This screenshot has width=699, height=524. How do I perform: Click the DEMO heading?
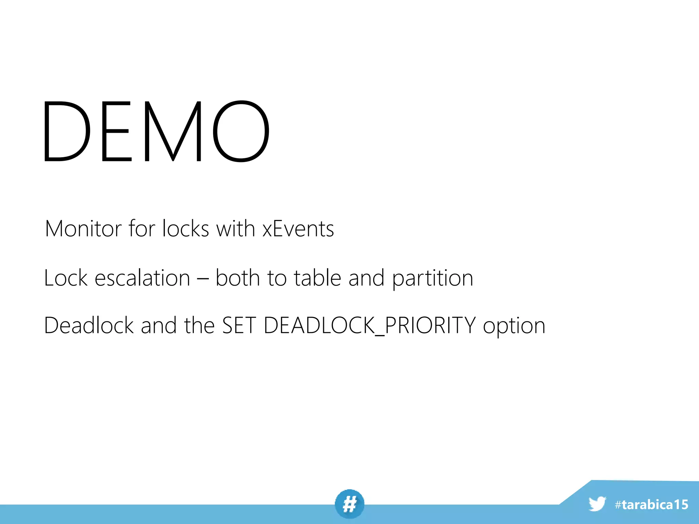(156, 131)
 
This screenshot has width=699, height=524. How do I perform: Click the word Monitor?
(83, 229)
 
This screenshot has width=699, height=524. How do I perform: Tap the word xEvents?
(298, 229)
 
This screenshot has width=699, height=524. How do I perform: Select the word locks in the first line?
(185, 229)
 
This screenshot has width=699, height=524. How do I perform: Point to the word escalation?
(142, 278)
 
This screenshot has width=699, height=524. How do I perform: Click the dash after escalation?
(203, 278)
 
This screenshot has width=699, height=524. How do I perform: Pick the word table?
(317, 278)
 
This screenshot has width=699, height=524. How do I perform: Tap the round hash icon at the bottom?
(349, 504)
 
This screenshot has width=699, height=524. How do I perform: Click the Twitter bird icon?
(597, 504)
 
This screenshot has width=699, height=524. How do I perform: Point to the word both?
(238, 278)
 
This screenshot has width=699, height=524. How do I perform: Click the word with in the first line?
(236, 229)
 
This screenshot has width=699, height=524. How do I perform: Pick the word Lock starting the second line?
(66, 278)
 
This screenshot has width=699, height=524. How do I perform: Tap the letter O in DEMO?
(241, 131)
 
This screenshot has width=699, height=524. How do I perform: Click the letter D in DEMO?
(67, 131)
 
